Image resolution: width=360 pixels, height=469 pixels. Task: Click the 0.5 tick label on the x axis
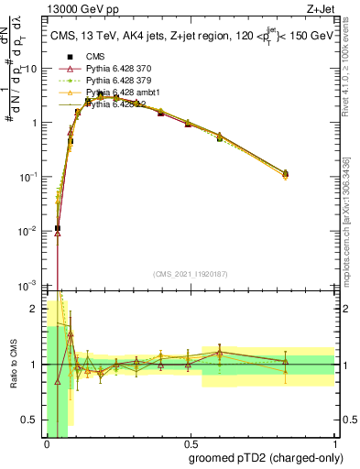point(190,443)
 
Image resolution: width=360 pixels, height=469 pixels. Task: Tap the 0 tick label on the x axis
point(47,443)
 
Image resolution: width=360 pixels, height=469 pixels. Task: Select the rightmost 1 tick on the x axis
point(333,443)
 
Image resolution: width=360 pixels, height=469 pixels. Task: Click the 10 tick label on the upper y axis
point(33,69)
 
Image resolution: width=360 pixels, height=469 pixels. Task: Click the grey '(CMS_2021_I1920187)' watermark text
point(190,274)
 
